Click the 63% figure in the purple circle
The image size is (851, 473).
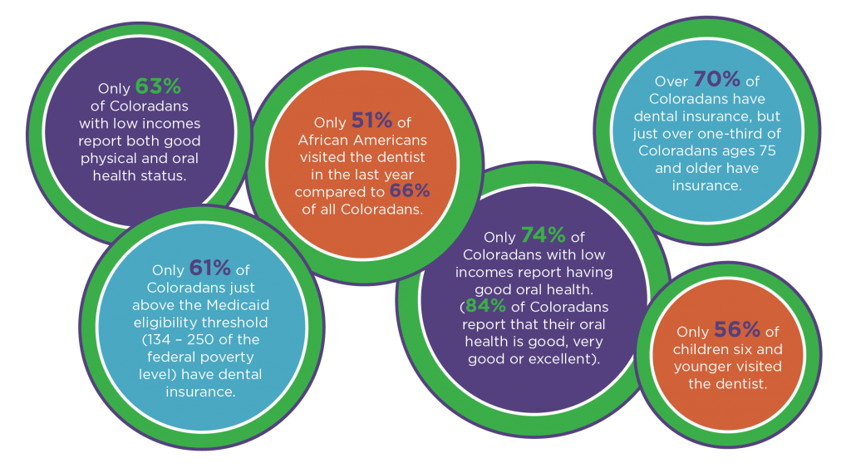(x=158, y=87)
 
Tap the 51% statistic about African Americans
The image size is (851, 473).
(x=371, y=121)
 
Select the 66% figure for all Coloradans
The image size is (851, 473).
(x=410, y=190)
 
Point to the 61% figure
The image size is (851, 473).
(x=210, y=269)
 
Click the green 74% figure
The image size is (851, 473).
(x=544, y=235)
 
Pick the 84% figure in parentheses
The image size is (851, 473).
(x=485, y=306)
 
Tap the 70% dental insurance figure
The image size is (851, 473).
(x=716, y=79)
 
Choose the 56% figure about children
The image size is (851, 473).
(x=737, y=329)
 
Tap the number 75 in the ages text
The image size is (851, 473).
(x=768, y=151)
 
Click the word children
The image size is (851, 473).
(x=701, y=349)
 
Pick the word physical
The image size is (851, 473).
(x=106, y=159)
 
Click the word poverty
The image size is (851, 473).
(x=228, y=357)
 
